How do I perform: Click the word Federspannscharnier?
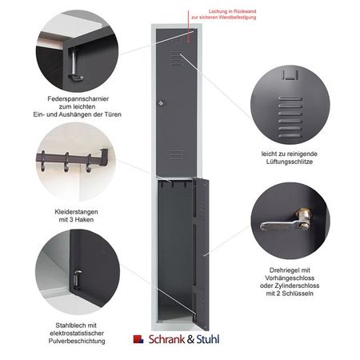click(x=78, y=99)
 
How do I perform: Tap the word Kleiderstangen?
click(x=76, y=212)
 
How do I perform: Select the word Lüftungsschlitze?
click(x=290, y=162)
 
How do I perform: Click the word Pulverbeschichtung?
click(x=77, y=341)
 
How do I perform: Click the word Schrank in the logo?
click(x=166, y=339)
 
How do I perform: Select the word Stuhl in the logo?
click(x=208, y=339)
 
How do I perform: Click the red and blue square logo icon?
click(x=138, y=339)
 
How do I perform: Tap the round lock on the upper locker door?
click(x=161, y=103)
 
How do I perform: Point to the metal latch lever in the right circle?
click(x=286, y=221)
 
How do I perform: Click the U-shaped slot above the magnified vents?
click(x=290, y=74)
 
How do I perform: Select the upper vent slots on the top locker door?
click(x=176, y=58)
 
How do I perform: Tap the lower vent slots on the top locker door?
click(x=176, y=155)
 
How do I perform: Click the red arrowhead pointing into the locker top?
click(x=188, y=41)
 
